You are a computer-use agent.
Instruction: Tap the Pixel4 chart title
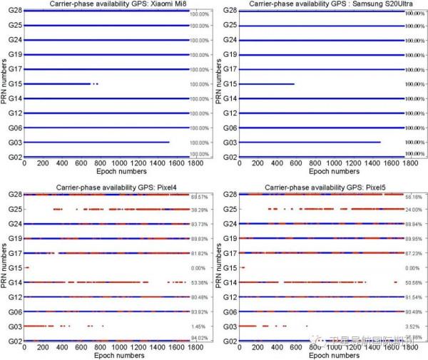pyautogui.click(x=108, y=187)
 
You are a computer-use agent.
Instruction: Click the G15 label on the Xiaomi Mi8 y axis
pyautogui.click(x=14, y=84)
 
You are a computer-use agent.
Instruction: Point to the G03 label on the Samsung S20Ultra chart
pyautogui.click(x=228, y=143)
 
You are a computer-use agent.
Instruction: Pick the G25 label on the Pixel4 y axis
pyautogui.click(x=14, y=209)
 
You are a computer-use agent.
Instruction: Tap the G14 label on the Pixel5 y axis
pyautogui.click(x=228, y=282)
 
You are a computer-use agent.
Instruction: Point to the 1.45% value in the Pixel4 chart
pyautogui.click(x=200, y=326)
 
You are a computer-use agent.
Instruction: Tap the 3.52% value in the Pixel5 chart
pyautogui.click(x=414, y=326)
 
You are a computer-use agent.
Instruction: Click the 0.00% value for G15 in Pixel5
pyautogui.click(x=414, y=269)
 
